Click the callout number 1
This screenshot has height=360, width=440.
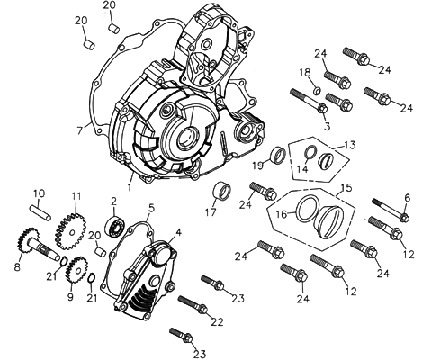pyautogui.click(x=130, y=187)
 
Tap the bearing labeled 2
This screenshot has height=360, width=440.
pyautogui.click(x=115, y=226)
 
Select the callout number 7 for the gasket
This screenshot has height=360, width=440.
pyautogui.click(x=79, y=130)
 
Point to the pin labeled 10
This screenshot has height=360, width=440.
pyautogui.click(x=40, y=212)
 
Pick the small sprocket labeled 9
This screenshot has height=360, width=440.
pyautogui.click(x=77, y=270)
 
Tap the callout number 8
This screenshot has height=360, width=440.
pyautogui.click(x=17, y=266)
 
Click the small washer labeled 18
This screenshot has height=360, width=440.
pyautogui.click(x=318, y=90)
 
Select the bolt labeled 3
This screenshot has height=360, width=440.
pyautogui.click(x=309, y=101)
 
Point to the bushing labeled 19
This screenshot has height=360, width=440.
pyautogui.click(x=278, y=155)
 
